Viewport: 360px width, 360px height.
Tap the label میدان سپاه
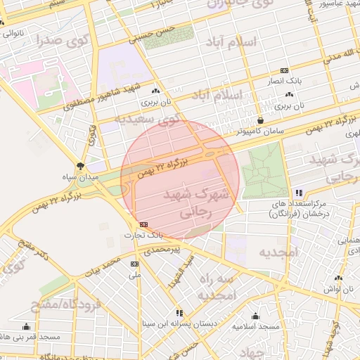point(83,177)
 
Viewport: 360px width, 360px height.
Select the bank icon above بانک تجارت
point(144,224)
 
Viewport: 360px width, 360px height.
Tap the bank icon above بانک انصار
point(284,71)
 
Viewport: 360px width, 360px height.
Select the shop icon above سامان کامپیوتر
point(261,120)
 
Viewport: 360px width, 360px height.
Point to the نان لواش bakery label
point(347,289)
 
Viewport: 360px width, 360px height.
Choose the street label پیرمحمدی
point(162,250)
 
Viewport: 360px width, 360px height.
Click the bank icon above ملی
point(134,264)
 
